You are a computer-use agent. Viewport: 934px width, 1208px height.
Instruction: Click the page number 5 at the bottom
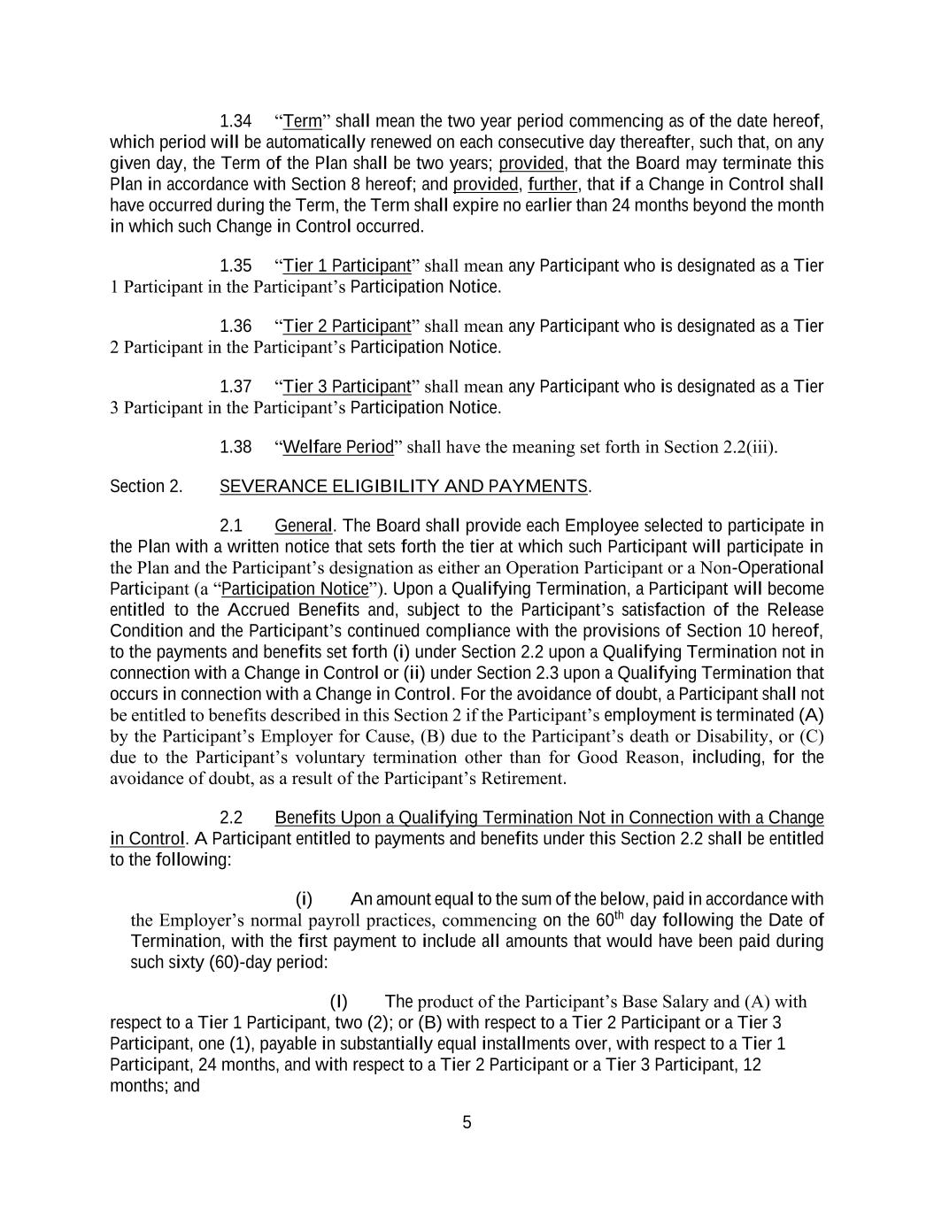click(467, 1123)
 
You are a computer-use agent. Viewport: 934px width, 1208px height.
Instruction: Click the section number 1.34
click(235, 121)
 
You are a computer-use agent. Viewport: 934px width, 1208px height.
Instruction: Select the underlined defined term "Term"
click(302, 121)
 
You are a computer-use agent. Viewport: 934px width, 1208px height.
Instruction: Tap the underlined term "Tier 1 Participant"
click(347, 266)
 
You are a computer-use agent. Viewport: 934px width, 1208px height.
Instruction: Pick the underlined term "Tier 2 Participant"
click(347, 327)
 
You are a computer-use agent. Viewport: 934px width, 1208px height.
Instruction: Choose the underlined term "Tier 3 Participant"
click(347, 387)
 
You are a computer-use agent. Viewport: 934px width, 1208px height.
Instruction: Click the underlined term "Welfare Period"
click(337, 447)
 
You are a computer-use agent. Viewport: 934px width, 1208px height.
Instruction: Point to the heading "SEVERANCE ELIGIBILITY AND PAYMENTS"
click(403, 487)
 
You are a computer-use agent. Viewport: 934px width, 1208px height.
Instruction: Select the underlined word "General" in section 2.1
click(303, 526)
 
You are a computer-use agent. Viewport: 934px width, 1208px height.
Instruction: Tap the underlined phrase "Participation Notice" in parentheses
click(295, 589)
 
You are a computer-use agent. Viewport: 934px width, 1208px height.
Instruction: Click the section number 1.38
click(235, 447)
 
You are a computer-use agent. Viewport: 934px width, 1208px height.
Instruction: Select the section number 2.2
click(231, 818)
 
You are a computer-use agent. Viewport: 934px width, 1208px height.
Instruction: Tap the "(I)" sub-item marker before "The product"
click(338, 1002)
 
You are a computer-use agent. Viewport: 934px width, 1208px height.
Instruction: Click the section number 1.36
click(235, 327)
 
